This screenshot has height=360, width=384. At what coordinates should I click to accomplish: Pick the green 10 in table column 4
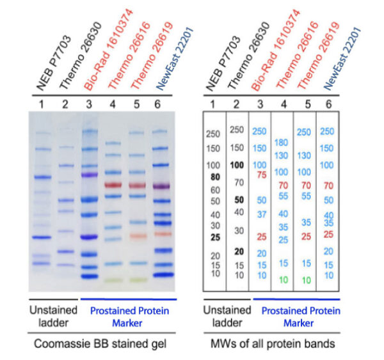(282, 280)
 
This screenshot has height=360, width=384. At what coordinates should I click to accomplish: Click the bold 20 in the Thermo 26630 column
(237, 251)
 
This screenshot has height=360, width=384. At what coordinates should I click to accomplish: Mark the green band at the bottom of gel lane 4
(112, 280)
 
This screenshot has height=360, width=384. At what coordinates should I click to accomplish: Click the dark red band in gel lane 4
(112, 185)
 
